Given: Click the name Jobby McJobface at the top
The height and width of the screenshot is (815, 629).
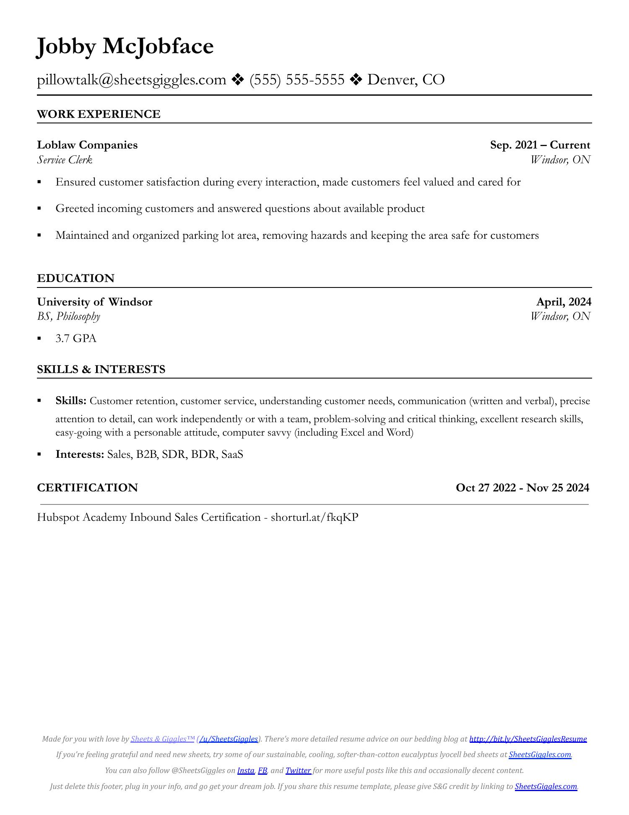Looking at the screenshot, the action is [x=125, y=46].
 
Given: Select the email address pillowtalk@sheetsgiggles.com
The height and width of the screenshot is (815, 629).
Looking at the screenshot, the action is [x=131, y=79].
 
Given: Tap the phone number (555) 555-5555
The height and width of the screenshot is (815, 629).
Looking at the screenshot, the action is [x=297, y=79].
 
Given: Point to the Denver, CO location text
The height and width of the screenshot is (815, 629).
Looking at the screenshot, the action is [x=406, y=79].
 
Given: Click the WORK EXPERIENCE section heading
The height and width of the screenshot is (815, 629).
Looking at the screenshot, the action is [x=99, y=114].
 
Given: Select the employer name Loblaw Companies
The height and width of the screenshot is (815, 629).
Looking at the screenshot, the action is [x=87, y=145].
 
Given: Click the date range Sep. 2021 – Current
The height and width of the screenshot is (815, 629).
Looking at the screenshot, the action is [x=540, y=145].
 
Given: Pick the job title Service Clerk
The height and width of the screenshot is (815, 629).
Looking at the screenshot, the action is [x=65, y=159].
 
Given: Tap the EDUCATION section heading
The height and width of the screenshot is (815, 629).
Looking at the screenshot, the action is [x=75, y=278].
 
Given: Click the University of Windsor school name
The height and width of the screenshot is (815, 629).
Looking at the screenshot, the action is [x=95, y=302].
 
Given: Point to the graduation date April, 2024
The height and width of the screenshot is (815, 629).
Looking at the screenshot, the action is [x=564, y=302].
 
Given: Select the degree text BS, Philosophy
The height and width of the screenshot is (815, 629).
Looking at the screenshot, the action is [x=68, y=316].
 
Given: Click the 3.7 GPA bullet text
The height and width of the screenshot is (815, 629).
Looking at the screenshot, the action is [x=76, y=338].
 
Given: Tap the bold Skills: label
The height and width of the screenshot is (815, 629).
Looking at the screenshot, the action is [x=71, y=401].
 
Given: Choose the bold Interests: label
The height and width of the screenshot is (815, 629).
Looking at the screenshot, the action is [x=80, y=454].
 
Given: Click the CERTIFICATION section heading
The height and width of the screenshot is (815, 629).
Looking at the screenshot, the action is [x=87, y=488].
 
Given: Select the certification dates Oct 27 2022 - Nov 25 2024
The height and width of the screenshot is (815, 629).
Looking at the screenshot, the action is [x=522, y=488].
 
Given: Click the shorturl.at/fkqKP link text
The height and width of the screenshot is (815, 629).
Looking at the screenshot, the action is [x=314, y=517].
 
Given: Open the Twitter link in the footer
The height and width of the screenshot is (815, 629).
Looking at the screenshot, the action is [x=298, y=771].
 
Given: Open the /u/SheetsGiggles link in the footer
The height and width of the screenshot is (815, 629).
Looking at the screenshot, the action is [x=229, y=739].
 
